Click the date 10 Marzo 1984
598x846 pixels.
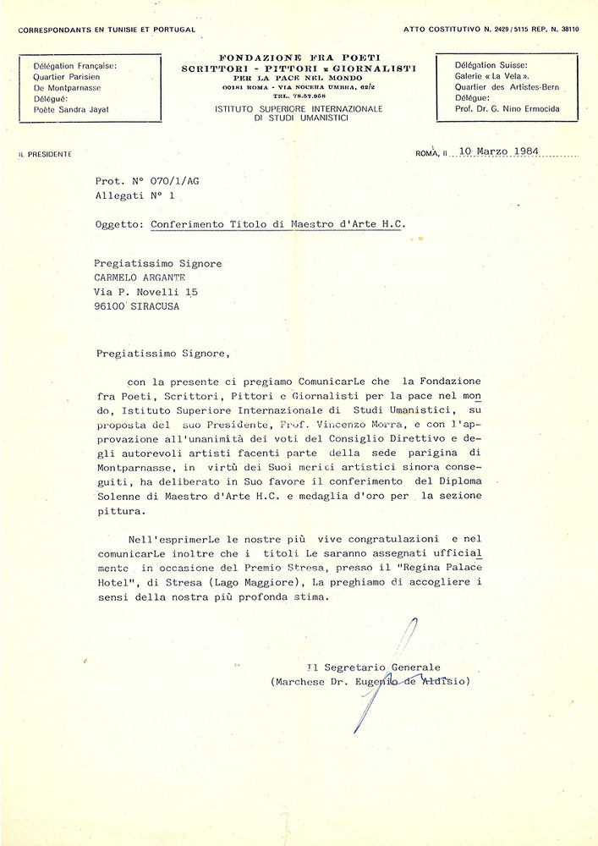497,152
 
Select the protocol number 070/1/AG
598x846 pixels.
173,180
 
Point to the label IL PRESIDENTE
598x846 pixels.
45,154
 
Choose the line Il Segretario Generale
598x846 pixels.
373,667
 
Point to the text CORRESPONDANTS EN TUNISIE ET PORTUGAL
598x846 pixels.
107,30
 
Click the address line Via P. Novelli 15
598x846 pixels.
145,292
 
